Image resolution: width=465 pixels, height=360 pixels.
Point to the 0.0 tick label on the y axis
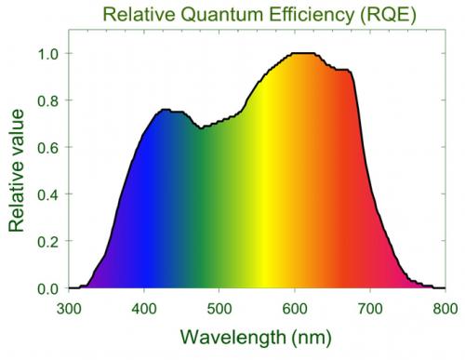[x=47, y=288]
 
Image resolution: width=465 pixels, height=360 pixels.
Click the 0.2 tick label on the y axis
[x=47, y=242]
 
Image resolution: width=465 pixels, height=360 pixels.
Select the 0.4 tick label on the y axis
[x=47, y=194]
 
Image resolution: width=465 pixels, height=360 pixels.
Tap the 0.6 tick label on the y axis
[x=47, y=148]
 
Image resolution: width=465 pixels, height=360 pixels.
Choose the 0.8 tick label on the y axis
[x=47, y=100]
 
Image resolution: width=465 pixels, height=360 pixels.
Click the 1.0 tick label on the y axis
[x=47, y=54]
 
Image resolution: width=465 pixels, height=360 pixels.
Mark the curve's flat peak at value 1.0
[x=302, y=54]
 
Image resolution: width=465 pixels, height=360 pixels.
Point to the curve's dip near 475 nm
[x=201, y=128]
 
